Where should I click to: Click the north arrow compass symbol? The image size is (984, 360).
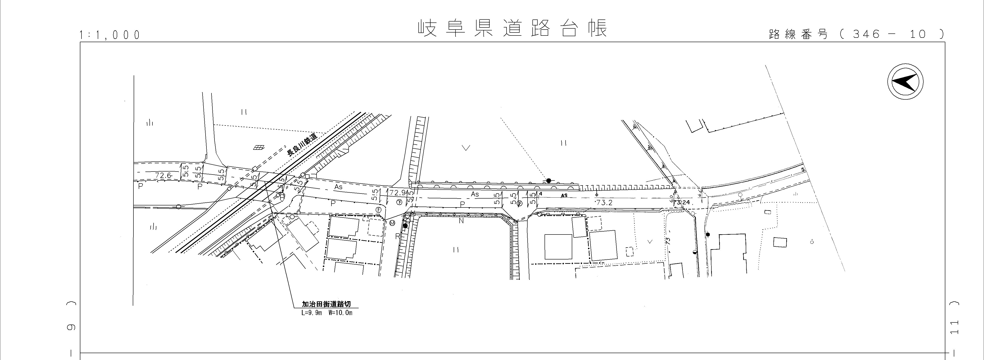905,82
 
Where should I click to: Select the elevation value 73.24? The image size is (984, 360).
682,202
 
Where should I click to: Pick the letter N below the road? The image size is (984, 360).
461,221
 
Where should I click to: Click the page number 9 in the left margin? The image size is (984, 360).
71,327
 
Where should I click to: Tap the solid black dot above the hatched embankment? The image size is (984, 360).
548,180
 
